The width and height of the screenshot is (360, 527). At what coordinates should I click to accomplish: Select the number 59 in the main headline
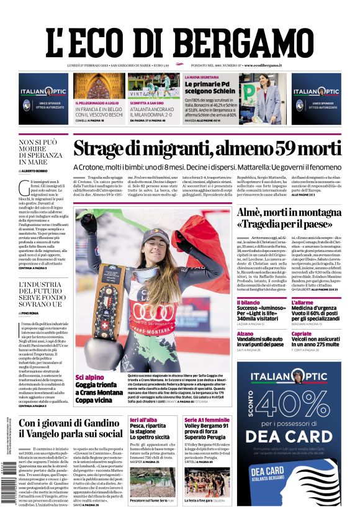290,150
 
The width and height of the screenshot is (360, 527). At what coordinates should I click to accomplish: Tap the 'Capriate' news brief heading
301,333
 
